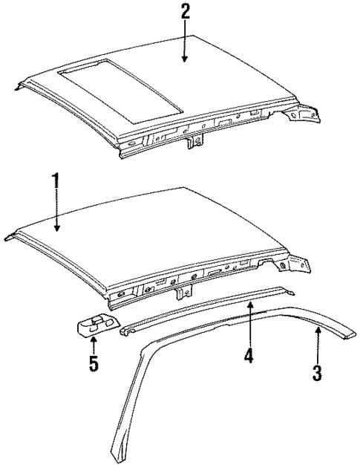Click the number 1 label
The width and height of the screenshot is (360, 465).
coord(54,181)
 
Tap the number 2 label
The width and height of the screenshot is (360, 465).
coord(185,11)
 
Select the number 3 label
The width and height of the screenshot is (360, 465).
coord(317,372)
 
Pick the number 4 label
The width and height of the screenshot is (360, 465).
coord(249,357)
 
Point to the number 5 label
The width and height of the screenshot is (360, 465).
coord(94,365)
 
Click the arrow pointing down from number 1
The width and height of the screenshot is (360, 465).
coord(54,212)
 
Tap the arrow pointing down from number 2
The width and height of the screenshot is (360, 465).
coord(185,45)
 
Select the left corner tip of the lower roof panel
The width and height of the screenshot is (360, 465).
coord(9,238)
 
